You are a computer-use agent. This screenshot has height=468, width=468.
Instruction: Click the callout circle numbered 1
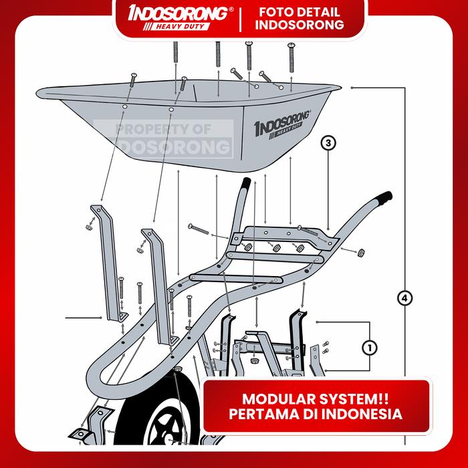click(x=368, y=347)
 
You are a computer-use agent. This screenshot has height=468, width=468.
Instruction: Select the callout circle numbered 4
click(x=403, y=298)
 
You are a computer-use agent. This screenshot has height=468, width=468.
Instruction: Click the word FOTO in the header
click(x=271, y=12)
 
